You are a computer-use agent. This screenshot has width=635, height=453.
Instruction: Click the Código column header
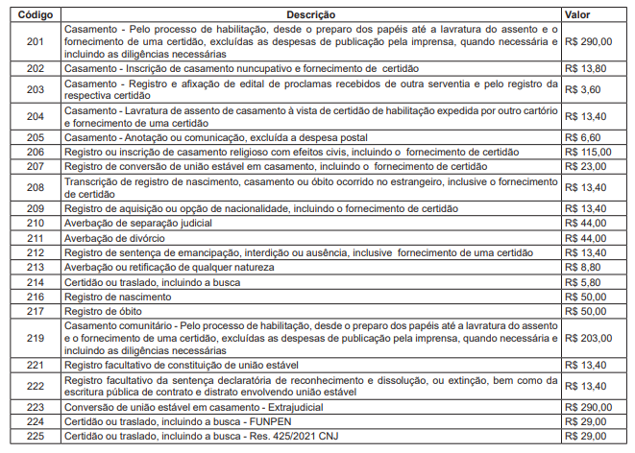(x=36, y=16)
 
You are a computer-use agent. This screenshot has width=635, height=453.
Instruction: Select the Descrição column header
(x=311, y=16)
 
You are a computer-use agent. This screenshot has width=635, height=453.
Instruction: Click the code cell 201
(x=36, y=43)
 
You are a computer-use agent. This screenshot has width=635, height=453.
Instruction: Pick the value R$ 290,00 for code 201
(x=589, y=43)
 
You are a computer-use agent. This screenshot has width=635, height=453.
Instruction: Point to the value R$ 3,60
(x=582, y=89)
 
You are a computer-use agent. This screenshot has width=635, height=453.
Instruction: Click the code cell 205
(x=36, y=138)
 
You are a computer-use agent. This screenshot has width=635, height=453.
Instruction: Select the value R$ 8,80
(x=582, y=267)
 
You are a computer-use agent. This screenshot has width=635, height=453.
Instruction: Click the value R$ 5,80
(x=582, y=282)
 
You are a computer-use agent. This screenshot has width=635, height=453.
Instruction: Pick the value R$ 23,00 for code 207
(x=586, y=166)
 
